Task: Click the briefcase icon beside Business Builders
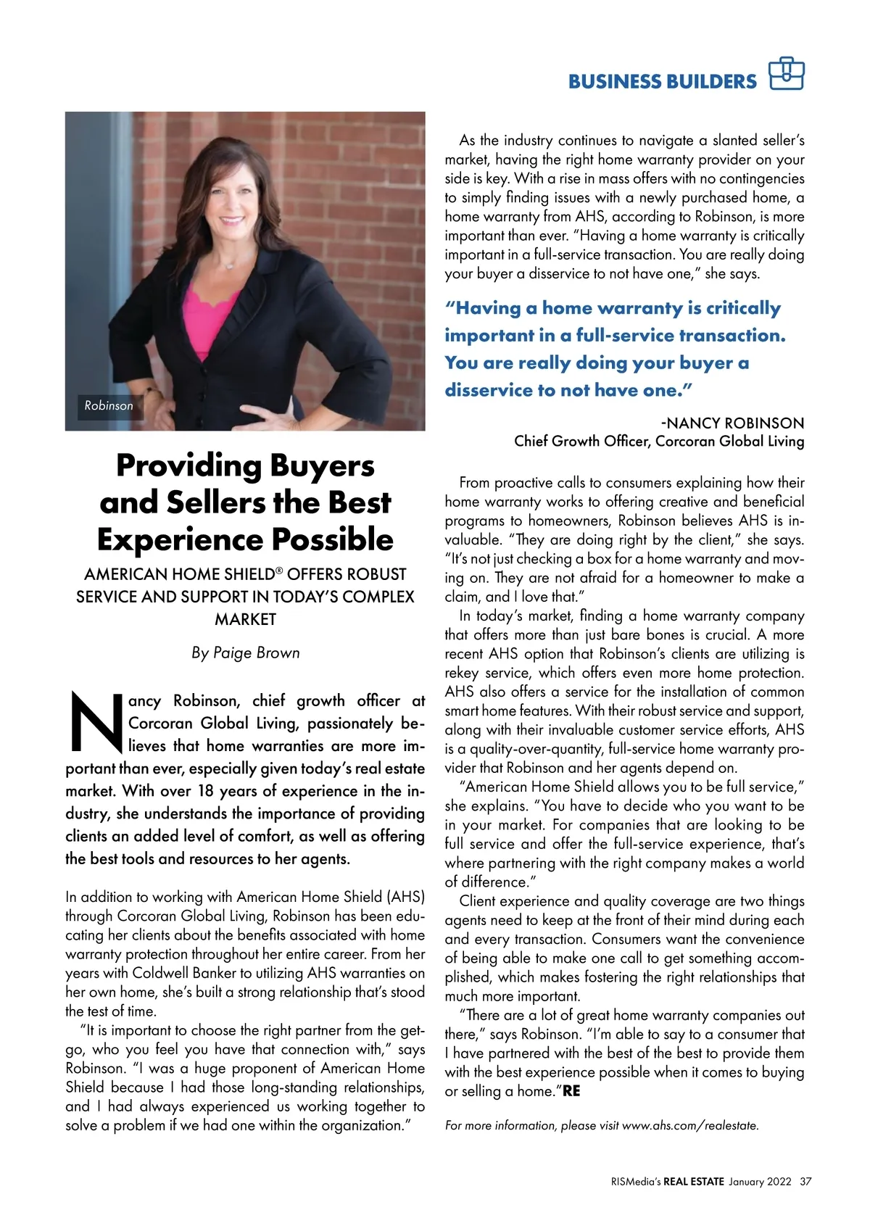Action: point(787,73)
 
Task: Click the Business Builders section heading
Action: point(662,81)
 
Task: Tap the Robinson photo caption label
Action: point(109,406)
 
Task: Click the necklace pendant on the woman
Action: point(229,265)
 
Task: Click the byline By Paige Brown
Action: point(245,652)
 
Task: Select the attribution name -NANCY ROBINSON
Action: point(732,423)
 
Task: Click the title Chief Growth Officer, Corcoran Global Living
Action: point(659,441)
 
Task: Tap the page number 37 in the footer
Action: point(805,1182)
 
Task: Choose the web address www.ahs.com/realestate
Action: point(689,1126)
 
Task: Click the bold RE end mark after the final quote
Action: point(571,1091)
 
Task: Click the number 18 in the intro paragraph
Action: point(206,790)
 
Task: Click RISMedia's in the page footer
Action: point(635,1182)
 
